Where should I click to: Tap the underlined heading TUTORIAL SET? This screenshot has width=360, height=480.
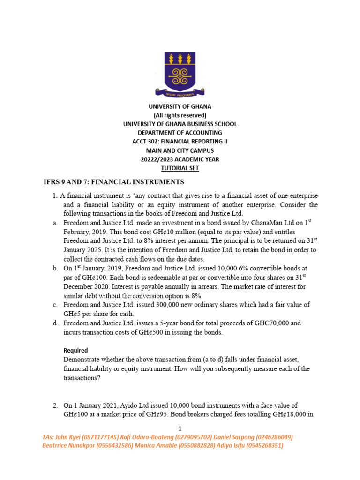click(180, 168)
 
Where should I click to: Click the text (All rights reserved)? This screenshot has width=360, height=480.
click(180, 115)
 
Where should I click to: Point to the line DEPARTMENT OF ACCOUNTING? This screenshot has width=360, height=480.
click(180, 133)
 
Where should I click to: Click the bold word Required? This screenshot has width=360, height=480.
click(75, 350)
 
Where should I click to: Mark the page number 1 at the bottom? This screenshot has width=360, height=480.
click(180, 428)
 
